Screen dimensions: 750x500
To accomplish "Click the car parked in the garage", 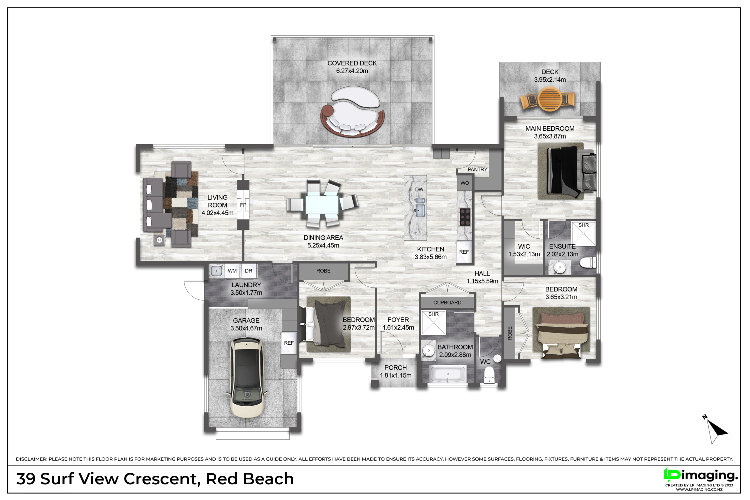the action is pyautogui.click(x=246, y=377).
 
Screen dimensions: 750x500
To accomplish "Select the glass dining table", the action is pyautogui.click(x=322, y=205).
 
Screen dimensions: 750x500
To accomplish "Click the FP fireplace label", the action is pyautogui.click(x=243, y=205).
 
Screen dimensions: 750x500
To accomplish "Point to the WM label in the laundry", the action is pyautogui.click(x=232, y=271).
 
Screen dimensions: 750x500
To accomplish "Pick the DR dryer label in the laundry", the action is pyautogui.click(x=248, y=271).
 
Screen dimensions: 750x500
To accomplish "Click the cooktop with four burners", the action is pyautogui.click(x=465, y=217).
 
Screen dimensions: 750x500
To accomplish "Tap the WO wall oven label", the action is pyautogui.click(x=464, y=183).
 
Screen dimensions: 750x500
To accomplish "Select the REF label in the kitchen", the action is pyautogui.click(x=464, y=252).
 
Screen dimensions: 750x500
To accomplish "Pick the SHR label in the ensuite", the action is pyautogui.click(x=583, y=225).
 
